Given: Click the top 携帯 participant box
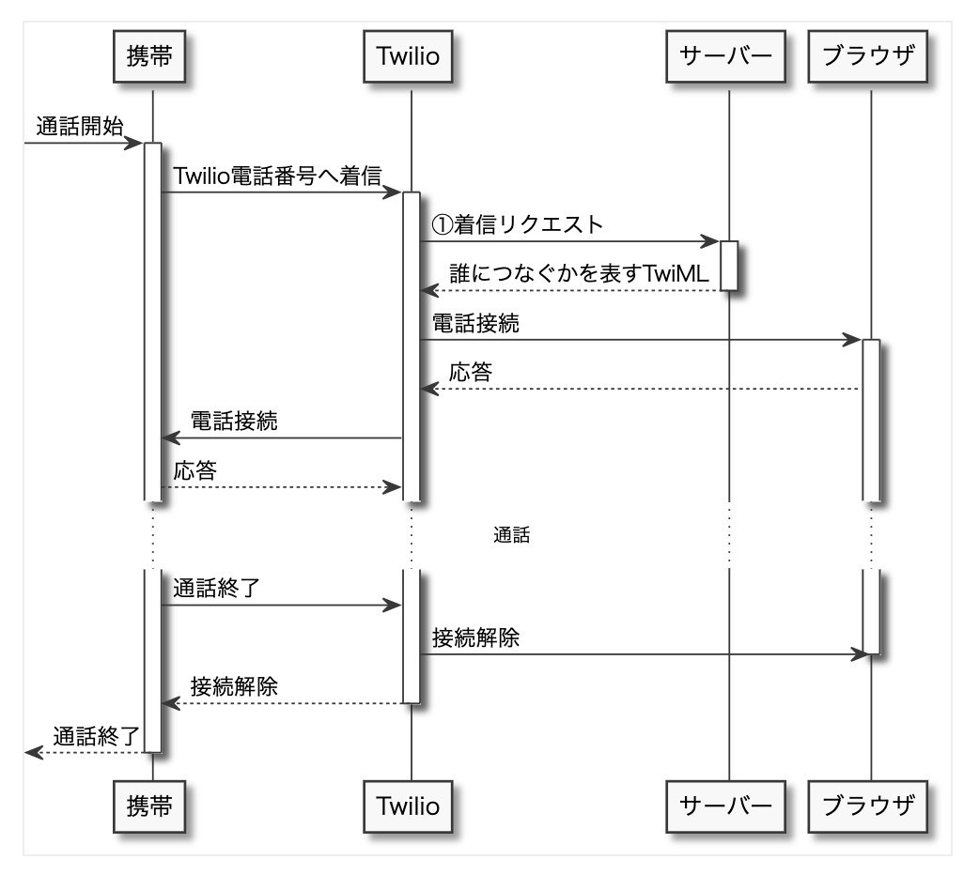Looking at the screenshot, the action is point(149,56).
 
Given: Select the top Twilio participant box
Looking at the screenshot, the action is point(408,56).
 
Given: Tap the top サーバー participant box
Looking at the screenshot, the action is point(725,56).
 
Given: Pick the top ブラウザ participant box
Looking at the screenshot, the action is point(868,56).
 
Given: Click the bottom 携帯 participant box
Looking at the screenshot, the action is point(149,806).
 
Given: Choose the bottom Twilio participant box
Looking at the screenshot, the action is point(408,806).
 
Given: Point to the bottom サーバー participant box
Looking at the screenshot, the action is point(725,806).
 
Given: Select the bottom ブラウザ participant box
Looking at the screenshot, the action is point(868,806).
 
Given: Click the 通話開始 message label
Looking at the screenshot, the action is point(80,127).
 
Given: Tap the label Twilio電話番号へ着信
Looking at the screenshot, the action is point(277,176).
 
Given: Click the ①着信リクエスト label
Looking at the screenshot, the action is point(518,224).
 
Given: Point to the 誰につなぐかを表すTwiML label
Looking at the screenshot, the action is point(579,273).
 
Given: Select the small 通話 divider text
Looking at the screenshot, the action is point(512,535).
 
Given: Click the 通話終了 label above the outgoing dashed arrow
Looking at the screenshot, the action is point(96,736).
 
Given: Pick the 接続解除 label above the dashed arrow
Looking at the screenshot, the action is point(234,686).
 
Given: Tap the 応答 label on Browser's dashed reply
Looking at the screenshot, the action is point(471,372).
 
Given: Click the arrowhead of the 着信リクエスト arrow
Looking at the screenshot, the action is point(710,241).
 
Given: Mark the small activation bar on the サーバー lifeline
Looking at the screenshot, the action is point(729,266).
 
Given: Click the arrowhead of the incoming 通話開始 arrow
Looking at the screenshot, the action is point(133,143).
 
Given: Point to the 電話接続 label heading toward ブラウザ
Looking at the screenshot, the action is point(475,323).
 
